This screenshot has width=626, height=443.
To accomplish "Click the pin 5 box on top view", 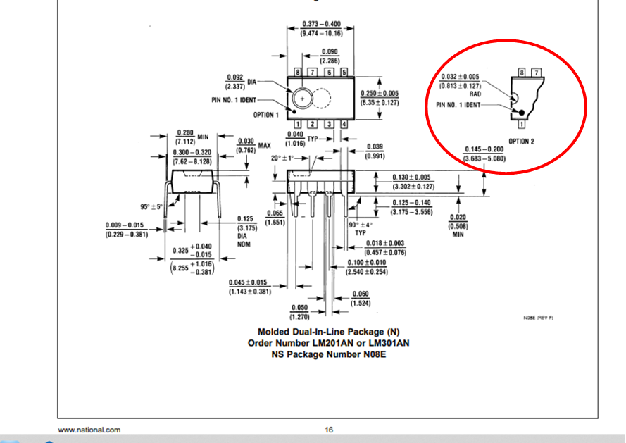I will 344,72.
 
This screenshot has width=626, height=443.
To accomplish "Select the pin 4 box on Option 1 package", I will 344,125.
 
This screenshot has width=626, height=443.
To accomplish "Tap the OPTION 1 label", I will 265,114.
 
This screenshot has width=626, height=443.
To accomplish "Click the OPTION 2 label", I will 521,142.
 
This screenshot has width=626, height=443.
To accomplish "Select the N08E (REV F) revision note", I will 538,318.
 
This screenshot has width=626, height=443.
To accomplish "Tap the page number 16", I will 329,430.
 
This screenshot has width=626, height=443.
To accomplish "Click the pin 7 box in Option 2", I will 537,73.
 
